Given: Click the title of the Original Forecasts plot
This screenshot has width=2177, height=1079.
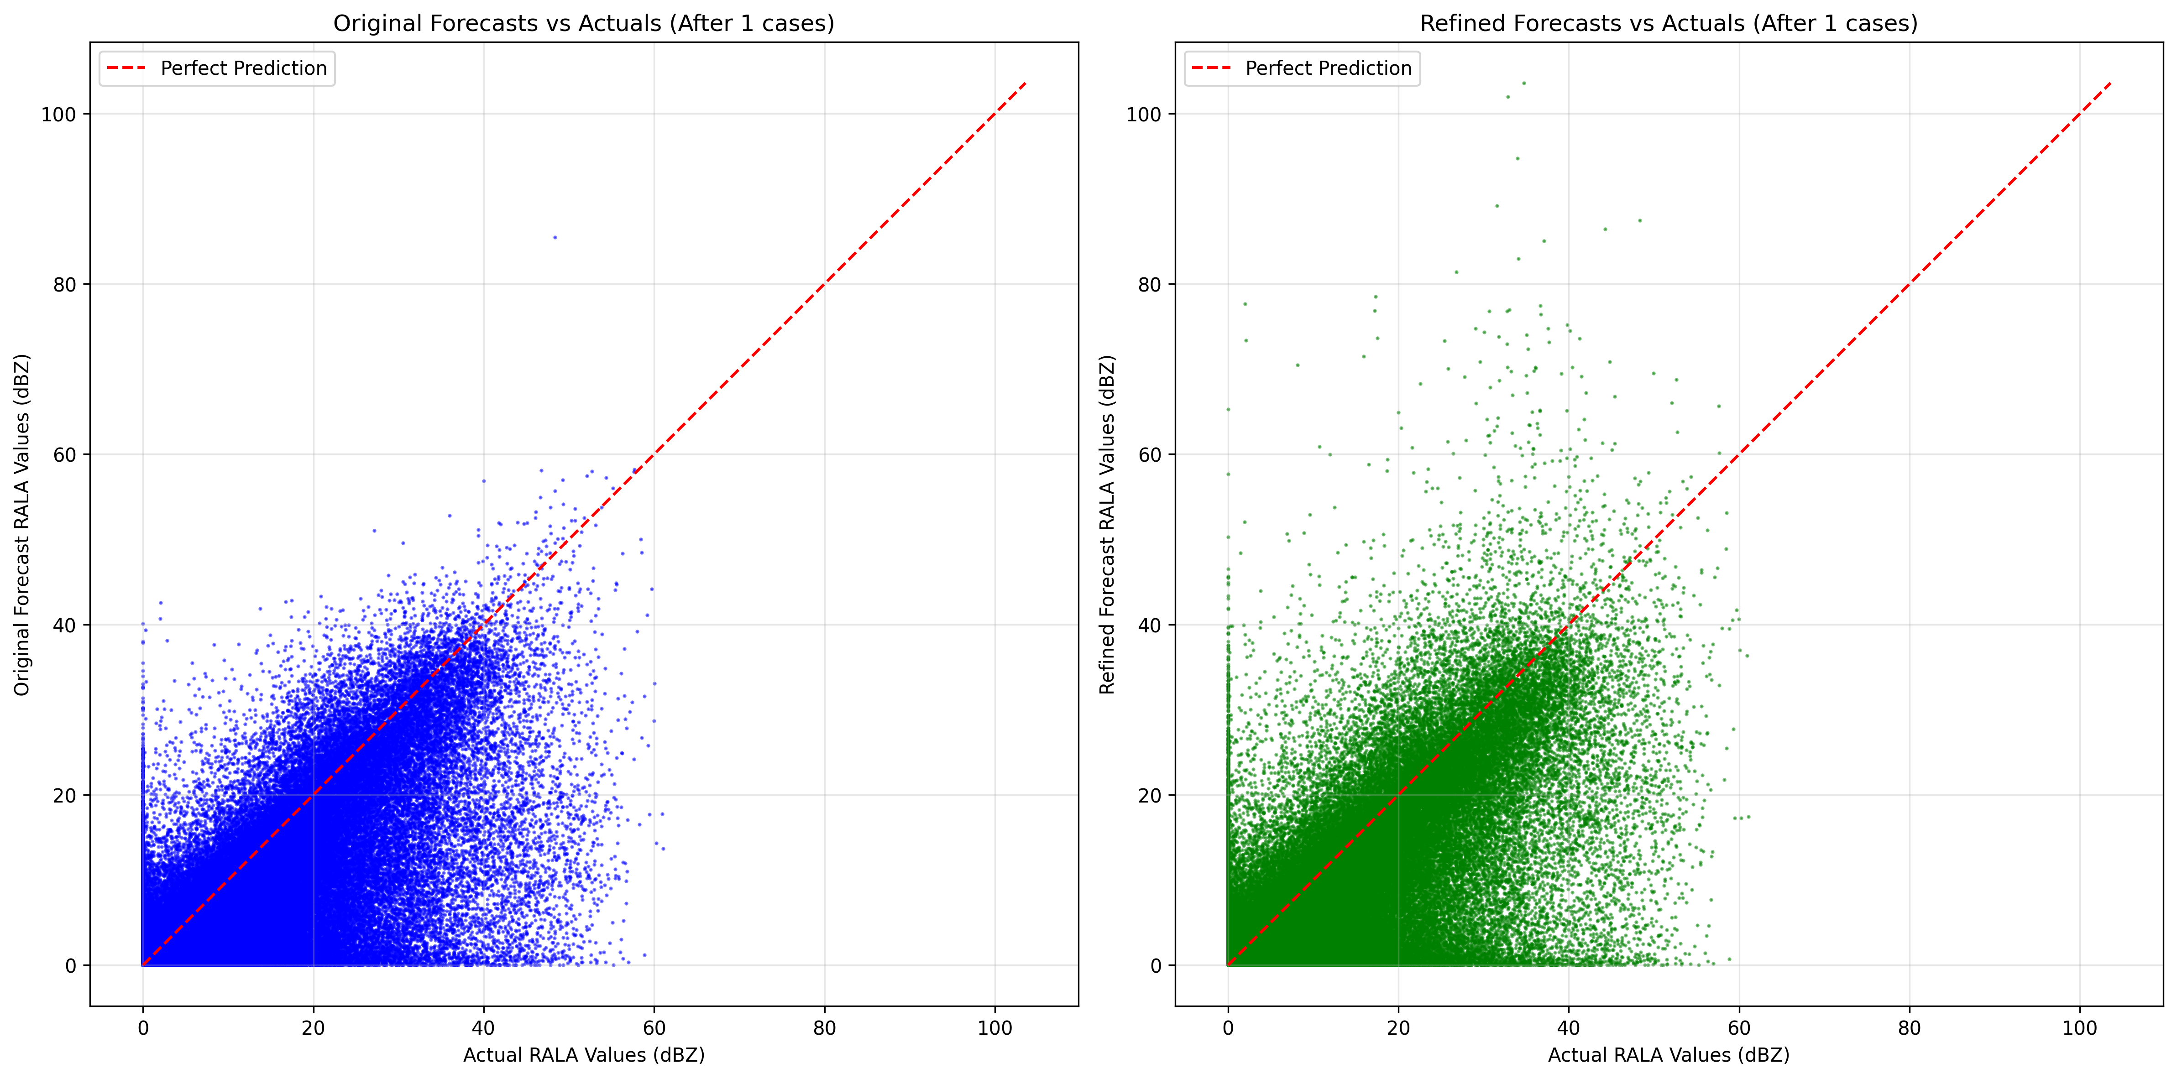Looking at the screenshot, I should tap(583, 24).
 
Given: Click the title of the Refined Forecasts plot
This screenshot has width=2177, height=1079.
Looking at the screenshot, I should tap(1668, 24).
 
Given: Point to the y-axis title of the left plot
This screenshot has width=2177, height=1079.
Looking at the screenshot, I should tap(22, 524).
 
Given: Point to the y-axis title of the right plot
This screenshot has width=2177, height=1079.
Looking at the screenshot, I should tap(1107, 524).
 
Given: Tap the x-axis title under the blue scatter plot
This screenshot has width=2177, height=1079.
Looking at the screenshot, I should tap(583, 1054).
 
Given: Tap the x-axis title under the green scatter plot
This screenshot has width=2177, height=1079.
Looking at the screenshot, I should tap(1668, 1054).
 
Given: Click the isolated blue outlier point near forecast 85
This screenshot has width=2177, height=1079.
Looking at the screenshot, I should tap(555, 237).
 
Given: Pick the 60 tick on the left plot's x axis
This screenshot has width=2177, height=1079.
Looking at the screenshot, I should tap(654, 1028).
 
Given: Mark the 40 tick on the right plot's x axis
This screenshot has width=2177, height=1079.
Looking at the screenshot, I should tap(1569, 1028).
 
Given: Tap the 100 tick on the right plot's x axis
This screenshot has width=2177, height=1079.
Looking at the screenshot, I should tap(2080, 1028).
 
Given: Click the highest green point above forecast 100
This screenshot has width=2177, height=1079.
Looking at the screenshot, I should tap(1524, 83).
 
